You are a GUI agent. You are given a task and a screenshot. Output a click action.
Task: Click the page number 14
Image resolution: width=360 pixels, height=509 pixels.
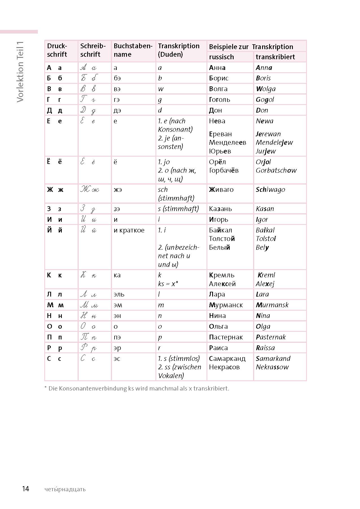coord(26,489)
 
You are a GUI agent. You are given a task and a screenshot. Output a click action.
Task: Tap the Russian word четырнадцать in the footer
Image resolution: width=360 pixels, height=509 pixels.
coord(65,489)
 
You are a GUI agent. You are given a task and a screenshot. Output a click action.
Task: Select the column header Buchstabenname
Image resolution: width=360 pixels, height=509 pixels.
coord(133,50)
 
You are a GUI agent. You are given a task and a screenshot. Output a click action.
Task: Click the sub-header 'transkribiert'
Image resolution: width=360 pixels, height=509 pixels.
coord(275,57)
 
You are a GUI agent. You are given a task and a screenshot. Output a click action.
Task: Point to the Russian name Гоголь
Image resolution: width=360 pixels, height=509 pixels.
coord(219,100)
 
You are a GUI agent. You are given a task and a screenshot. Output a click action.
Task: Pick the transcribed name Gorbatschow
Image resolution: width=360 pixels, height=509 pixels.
coord(276,170)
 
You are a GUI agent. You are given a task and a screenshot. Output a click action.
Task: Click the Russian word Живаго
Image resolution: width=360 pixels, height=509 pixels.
coord(221,190)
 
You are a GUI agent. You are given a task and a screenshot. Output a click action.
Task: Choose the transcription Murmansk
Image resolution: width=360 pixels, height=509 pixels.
coord(272,305)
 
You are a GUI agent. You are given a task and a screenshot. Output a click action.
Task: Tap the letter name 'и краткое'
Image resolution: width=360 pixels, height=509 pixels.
coord(129,230)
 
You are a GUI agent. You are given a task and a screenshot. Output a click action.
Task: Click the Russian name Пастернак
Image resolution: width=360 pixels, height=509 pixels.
coord(226,337)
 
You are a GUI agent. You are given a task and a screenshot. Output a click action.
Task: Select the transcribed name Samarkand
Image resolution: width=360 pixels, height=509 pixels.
coord(273,359)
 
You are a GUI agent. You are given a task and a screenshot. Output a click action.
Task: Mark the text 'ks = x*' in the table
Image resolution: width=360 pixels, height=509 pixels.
coord(168,284)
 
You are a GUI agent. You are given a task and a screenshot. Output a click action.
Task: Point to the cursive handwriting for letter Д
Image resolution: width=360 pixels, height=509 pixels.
coord(89,110)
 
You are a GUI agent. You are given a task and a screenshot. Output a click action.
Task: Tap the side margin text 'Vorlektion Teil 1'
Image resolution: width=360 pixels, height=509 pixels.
coord(20,72)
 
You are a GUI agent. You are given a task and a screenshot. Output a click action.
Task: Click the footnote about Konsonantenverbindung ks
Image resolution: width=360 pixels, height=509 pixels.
coord(137,389)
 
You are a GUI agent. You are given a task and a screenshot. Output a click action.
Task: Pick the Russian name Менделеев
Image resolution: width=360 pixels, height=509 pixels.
coord(227,142)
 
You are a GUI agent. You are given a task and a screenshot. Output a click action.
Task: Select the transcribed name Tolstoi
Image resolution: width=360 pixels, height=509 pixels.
coord(266,239)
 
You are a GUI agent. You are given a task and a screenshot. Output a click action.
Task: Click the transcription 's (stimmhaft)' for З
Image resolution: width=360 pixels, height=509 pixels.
coord(178,209)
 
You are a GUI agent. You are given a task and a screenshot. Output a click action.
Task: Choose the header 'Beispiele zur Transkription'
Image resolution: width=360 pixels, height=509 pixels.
coord(251,47)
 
